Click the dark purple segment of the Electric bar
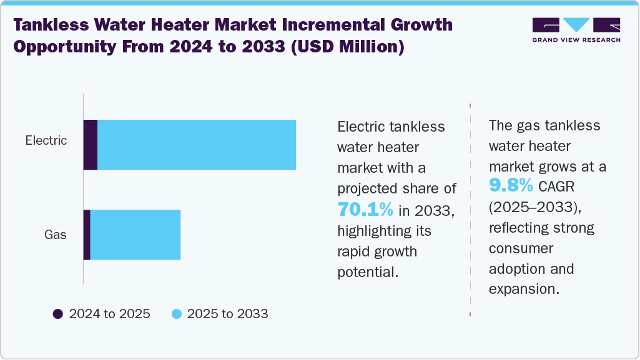pos(91,145)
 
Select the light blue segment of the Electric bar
pos(197,145)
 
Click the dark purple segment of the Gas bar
pos(87,235)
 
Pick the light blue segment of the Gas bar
pos(135,235)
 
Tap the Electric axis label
pos(46,140)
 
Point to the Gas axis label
pos(56,235)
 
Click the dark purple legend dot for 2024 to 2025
pos(58,314)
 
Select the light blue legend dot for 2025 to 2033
pos(176,314)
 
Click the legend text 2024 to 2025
pos(110,314)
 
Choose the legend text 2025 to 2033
pos(227,314)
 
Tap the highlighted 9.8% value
pos(511,186)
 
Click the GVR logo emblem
pos(576,26)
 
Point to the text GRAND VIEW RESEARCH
pos(576,40)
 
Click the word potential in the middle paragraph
pos(366,273)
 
